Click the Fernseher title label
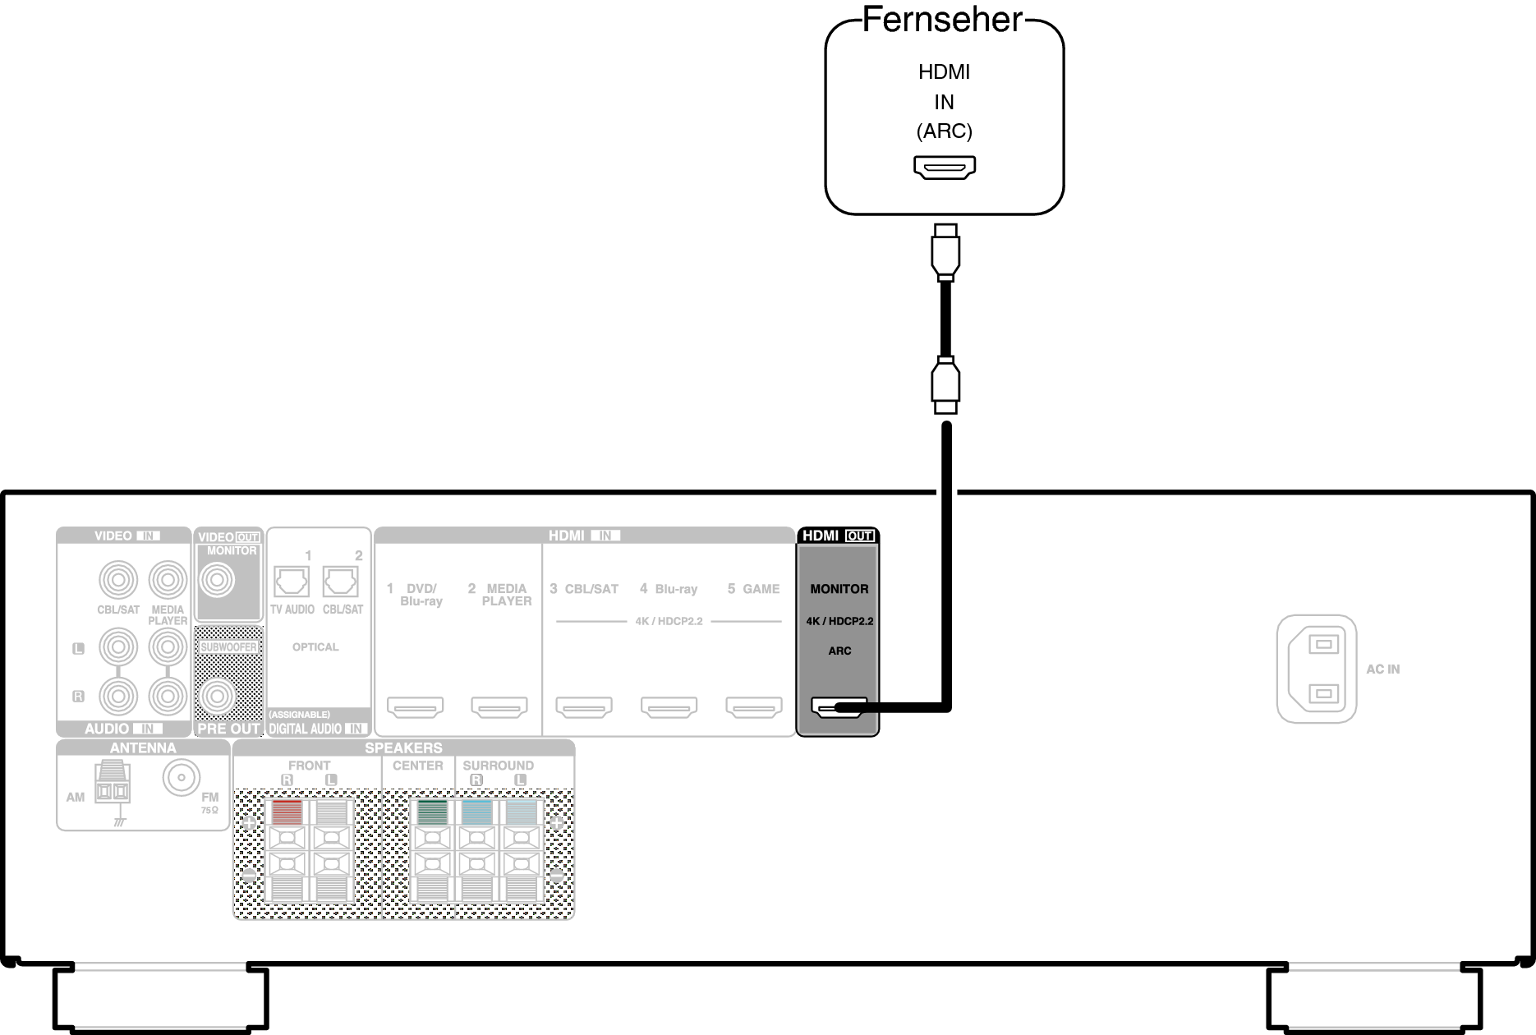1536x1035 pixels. [x=943, y=20]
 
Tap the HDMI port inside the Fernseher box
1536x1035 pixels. [x=945, y=168]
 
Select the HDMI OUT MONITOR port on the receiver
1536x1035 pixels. [x=839, y=706]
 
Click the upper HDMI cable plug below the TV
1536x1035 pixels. [x=945, y=251]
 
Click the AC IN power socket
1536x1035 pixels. [x=1317, y=669]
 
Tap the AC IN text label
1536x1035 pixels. [x=1383, y=669]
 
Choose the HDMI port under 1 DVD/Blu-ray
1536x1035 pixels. [x=415, y=706]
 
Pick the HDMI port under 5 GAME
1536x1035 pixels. [x=754, y=706]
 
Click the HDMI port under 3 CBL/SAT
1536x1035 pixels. [x=584, y=706]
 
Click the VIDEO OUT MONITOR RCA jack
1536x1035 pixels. [x=218, y=581]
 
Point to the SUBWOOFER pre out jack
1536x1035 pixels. [x=218, y=697]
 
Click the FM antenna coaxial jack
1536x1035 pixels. [x=182, y=776]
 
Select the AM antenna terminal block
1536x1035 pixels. [x=112, y=783]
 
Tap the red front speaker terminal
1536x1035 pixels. [x=287, y=812]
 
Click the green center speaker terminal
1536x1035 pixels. [x=432, y=812]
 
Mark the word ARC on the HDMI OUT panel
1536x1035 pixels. [x=839, y=651]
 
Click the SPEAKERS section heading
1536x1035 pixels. [x=403, y=748]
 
